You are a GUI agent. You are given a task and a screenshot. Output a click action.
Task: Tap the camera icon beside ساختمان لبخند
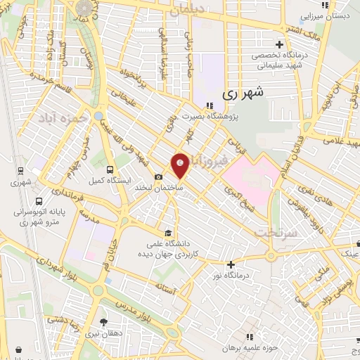pos(159,176)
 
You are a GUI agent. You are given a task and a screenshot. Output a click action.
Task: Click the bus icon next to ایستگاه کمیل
pos(110,169)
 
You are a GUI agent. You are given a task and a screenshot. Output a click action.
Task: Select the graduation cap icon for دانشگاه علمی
pos(167,233)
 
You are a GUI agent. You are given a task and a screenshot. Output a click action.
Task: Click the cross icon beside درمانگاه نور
pos(231,264)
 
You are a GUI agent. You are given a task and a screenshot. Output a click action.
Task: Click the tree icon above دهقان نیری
pos(104,323)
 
